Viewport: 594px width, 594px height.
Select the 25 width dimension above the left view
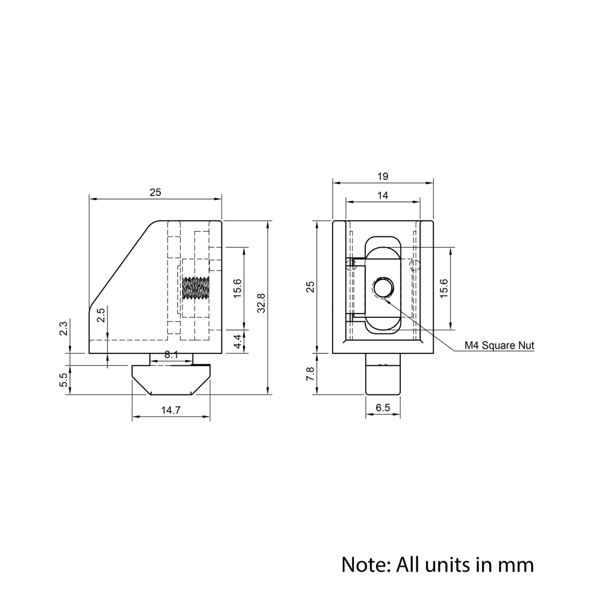155,192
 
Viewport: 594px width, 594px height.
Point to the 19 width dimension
383,176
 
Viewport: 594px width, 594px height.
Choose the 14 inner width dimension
383,195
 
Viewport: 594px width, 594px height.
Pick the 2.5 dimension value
101,315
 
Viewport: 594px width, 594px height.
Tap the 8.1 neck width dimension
171,355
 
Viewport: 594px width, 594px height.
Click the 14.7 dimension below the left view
170,410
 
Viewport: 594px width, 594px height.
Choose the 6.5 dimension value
383,407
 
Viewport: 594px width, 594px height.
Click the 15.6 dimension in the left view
237,288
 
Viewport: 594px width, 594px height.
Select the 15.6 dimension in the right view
444,288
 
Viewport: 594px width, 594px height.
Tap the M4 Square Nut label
499,345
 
